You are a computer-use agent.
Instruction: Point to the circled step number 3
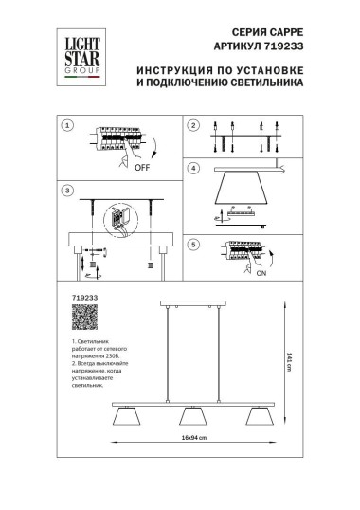67,191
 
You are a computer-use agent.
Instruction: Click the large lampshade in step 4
238,192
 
